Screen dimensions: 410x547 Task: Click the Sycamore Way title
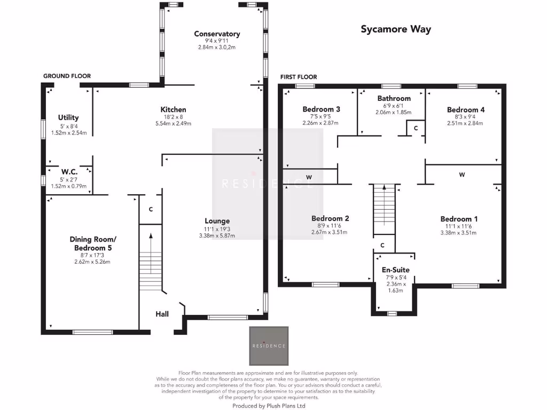coord(395,29)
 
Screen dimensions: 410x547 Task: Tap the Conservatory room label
coord(217,34)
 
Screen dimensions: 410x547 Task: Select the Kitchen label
coord(175,109)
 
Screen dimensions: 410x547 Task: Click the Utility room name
coord(68,117)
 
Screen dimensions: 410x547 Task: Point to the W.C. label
coord(69,172)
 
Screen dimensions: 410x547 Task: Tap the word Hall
coord(162,314)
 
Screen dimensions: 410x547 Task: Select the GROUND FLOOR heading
coord(67,76)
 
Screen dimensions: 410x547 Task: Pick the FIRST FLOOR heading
coord(299,77)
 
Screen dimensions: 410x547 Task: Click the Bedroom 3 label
coord(321,109)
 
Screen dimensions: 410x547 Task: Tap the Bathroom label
coord(394,98)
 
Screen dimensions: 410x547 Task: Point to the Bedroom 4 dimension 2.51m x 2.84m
coord(465,123)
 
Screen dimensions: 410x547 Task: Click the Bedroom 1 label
coord(459,219)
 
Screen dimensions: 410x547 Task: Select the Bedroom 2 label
coord(330,218)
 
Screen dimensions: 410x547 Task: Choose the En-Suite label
coord(395,270)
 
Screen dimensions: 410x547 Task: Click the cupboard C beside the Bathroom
coord(416,128)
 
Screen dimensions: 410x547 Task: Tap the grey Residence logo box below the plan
coord(269,345)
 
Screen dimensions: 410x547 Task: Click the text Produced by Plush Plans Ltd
coord(269,406)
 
